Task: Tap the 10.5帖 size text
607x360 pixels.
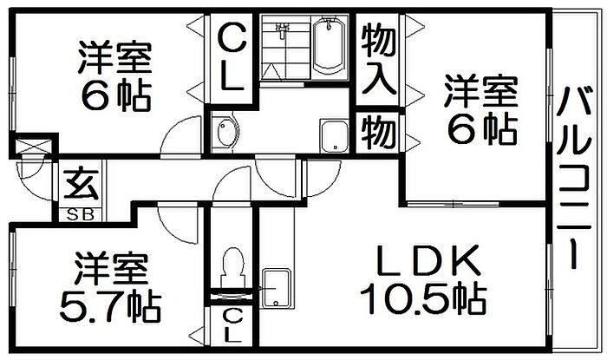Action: [x=422, y=299]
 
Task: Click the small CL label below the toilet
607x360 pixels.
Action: [x=230, y=323]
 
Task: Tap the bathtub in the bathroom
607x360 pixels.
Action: [x=330, y=48]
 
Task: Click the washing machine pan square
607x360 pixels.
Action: [x=332, y=136]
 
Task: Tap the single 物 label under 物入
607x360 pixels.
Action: [x=379, y=133]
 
